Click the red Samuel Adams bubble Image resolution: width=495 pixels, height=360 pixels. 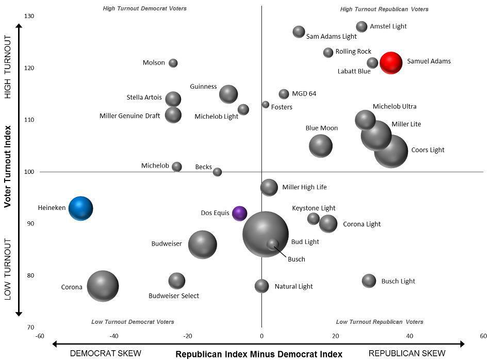(391, 63)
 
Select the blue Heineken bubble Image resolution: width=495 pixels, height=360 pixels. (81, 208)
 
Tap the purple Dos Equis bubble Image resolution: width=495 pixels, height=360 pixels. (240, 213)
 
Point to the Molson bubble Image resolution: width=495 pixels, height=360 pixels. (173, 63)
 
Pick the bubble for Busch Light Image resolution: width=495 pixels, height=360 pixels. (369, 281)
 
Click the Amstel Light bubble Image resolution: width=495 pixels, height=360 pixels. (362, 26)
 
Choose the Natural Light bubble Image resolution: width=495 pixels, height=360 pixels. (262, 286)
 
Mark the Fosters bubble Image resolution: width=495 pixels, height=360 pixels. (266, 105)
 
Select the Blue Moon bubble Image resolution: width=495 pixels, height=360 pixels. (321, 146)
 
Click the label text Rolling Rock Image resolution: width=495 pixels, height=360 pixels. (353, 52)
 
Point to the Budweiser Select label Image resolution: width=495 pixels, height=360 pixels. (174, 296)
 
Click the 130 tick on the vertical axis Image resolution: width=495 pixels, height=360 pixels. (29, 16)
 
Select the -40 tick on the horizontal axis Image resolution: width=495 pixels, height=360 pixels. (114, 336)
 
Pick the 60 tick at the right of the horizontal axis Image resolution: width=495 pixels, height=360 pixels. (483, 336)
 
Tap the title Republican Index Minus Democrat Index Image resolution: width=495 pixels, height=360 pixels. (259, 354)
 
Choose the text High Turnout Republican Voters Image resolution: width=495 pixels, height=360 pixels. (384, 9)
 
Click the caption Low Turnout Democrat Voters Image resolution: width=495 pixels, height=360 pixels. (133, 322)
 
